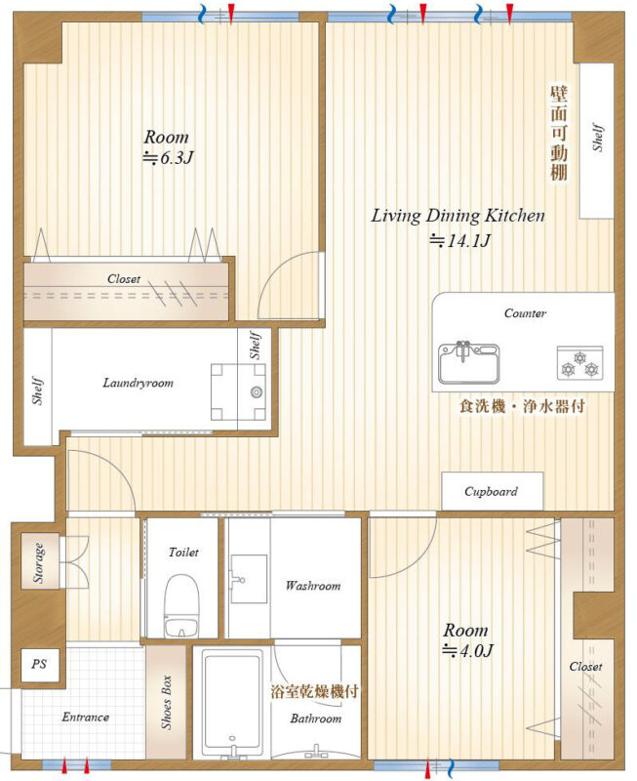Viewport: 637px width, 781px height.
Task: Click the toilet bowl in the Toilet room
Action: pos(181,605)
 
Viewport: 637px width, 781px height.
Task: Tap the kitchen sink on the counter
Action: pos(468,363)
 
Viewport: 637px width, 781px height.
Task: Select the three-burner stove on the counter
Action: pos(579,363)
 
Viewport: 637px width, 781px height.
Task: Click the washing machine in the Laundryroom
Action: pos(238,392)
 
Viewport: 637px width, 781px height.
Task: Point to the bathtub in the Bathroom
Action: pos(232,704)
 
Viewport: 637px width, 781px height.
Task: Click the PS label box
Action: pos(39,665)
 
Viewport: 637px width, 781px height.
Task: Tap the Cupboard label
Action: pos(492,492)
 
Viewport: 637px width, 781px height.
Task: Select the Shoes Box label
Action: pos(166,702)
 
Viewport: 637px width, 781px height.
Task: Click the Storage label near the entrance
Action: pos(38,563)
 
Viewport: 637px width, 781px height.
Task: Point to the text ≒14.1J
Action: pos(459,241)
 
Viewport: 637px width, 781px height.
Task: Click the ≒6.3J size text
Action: pos(168,158)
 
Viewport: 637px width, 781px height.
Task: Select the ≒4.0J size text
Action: pos(467,650)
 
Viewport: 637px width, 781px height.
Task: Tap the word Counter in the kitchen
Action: pos(525,313)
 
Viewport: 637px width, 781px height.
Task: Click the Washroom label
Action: pos(313,586)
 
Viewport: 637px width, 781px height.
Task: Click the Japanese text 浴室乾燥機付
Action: pos(314,692)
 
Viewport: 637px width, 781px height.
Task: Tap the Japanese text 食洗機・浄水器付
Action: pos(522,406)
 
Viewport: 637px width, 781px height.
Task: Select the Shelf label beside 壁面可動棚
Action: pos(598,137)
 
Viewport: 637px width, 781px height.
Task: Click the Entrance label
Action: pos(86,718)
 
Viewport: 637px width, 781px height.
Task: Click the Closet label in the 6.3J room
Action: pos(124,279)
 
